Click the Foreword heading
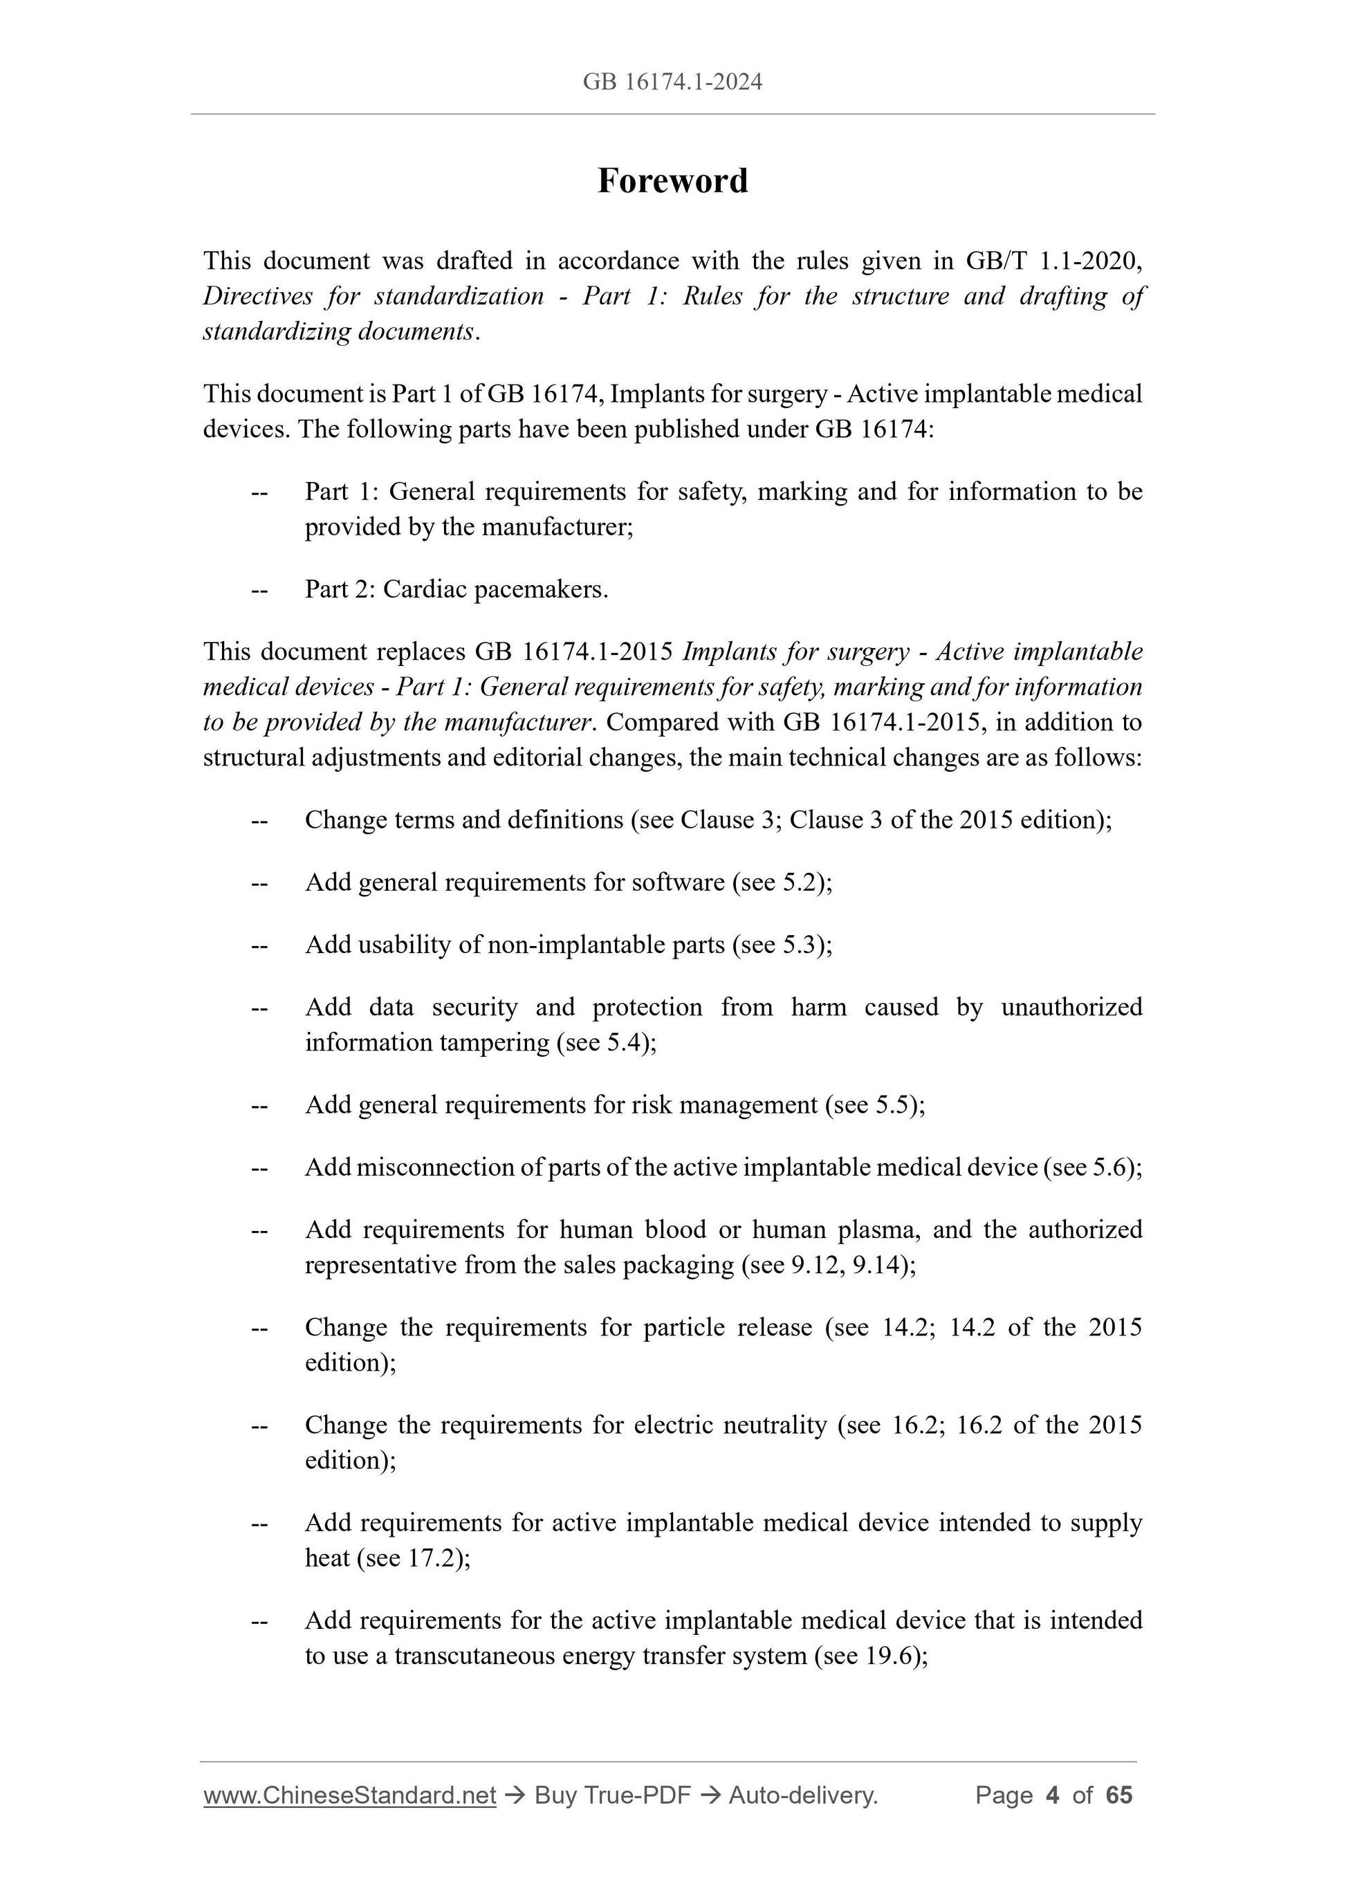click(x=672, y=181)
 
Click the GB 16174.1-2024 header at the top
click(x=672, y=82)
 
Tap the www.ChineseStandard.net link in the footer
click(x=349, y=1795)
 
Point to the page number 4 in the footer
click(x=1053, y=1795)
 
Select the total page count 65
click(x=1118, y=1795)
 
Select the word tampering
click(x=496, y=1042)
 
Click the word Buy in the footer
click(x=555, y=1795)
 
